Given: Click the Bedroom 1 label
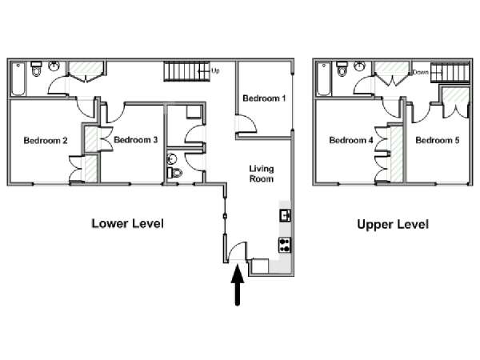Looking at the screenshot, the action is (x=264, y=98).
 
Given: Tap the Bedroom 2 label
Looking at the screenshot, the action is (x=46, y=141).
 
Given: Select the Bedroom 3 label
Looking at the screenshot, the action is (x=136, y=140).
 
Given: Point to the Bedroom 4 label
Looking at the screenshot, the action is (x=351, y=140).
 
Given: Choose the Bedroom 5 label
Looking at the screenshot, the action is (x=438, y=140).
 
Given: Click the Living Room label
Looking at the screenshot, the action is (x=261, y=174).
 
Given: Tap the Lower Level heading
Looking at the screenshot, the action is (x=128, y=223).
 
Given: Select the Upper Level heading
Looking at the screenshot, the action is (x=393, y=224).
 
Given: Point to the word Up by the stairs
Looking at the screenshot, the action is (x=215, y=71).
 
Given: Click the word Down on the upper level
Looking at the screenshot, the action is (x=420, y=72).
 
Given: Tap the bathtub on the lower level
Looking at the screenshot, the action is (x=18, y=79).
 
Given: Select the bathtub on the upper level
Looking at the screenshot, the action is (x=323, y=79).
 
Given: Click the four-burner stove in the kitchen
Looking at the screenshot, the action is (x=284, y=245).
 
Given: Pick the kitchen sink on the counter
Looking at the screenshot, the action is (x=285, y=215).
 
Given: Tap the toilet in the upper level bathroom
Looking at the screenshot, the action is (x=342, y=69).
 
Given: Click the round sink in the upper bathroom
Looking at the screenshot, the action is (x=359, y=66).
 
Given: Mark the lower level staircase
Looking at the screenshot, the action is (x=186, y=71).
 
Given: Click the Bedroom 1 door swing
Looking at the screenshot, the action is (x=246, y=124).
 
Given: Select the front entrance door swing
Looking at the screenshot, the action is (x=238, y=251).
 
